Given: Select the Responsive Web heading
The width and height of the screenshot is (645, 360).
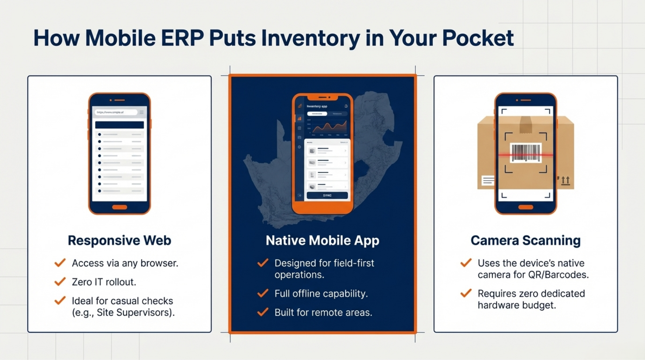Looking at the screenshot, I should point(120,240).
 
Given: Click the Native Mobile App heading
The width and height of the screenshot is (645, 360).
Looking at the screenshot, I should point(322,240).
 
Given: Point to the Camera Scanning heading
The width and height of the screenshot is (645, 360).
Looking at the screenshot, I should point(525,240).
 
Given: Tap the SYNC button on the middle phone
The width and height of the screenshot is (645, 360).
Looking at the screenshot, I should point(327,195).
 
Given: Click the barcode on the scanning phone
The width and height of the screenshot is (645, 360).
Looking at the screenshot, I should point(525,153).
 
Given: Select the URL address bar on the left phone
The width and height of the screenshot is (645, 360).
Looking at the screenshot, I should point(115,112).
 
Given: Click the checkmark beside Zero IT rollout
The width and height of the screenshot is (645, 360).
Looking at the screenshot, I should point(60,282).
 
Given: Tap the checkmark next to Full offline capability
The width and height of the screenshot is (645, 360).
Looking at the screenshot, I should point(263,293).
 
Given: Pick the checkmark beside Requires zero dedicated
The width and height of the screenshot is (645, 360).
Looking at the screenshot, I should point(466,293).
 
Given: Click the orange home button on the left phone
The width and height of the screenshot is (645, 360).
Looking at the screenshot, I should point(120,207).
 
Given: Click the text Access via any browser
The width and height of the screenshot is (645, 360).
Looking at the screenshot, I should point(125,263).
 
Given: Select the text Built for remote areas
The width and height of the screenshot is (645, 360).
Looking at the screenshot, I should point(323,312).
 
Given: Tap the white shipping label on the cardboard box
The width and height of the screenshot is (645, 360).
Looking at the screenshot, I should point(488,181).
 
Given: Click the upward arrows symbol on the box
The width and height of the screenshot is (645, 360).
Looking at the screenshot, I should point(565,180).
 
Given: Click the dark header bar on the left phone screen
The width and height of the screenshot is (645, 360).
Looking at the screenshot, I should point(120,125).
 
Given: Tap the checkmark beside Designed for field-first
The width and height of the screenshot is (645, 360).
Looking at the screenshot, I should point(263,263).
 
